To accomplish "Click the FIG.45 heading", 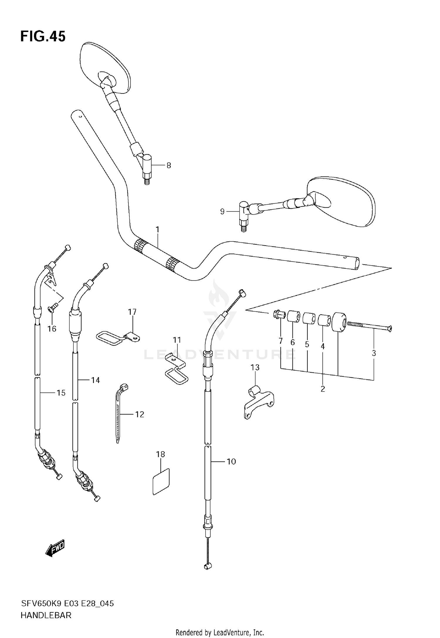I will pyautogui.click(x=43, y=37).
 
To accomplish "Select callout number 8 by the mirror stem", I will pyautogui.click(x=169, y=165).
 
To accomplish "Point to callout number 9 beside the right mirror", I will pyautogui.click(x=222, y=211).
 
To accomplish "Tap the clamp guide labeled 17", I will pyautogui.click(x=117, y=338).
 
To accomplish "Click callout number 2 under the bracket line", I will pyautogui.click(x=323, y=389).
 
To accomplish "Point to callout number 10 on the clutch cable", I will pyautogui.click(x=231, y=461).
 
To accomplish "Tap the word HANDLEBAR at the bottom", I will pyautogui.click(x=46, y=615).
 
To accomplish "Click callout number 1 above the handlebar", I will pyautogui.click(x=158, y=229).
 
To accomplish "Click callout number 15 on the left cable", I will pyautogui.click(x=61, y=393).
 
